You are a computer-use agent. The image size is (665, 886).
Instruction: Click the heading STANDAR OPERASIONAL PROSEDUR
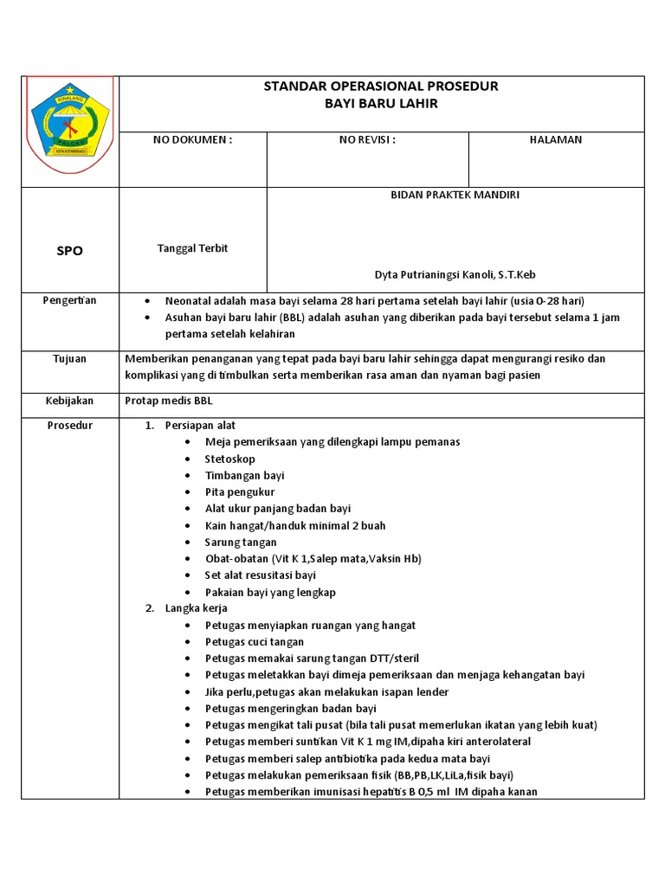pos(381,87)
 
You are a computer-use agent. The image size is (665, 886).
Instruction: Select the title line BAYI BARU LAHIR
pos(381,103)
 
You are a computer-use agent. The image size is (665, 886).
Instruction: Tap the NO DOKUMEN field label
pos(193,139)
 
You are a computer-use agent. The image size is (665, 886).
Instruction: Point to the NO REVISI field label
pos(367,139)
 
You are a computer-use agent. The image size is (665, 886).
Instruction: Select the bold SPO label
pos(71,250)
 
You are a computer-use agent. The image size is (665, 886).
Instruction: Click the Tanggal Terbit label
pos(192,248)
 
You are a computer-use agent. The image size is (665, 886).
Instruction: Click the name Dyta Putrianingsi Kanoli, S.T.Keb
pos(455,275)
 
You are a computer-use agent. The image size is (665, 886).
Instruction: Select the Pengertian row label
pos(71,300)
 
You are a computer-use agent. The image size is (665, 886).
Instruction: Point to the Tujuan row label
pos(71,359)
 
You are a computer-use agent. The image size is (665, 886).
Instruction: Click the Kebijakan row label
pos(71,401)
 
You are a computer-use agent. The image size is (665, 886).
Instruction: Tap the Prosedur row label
pos(71,426)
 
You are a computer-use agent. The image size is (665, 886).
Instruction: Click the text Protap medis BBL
pos(169,401)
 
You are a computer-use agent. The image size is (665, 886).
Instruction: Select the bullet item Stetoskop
pos(230,459)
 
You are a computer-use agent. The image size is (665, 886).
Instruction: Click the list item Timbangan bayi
pos(245,475)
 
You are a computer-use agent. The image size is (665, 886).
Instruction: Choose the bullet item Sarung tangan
pos(241,542)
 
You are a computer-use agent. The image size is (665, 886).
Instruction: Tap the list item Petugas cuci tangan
pos(255,642)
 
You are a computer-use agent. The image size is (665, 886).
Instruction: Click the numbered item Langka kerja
pos(197,608)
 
